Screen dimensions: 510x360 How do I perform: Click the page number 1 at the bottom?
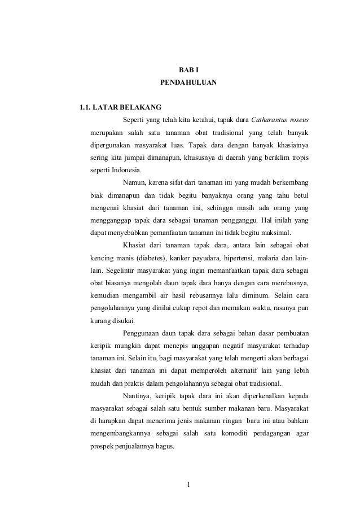[x=189, y=484]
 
